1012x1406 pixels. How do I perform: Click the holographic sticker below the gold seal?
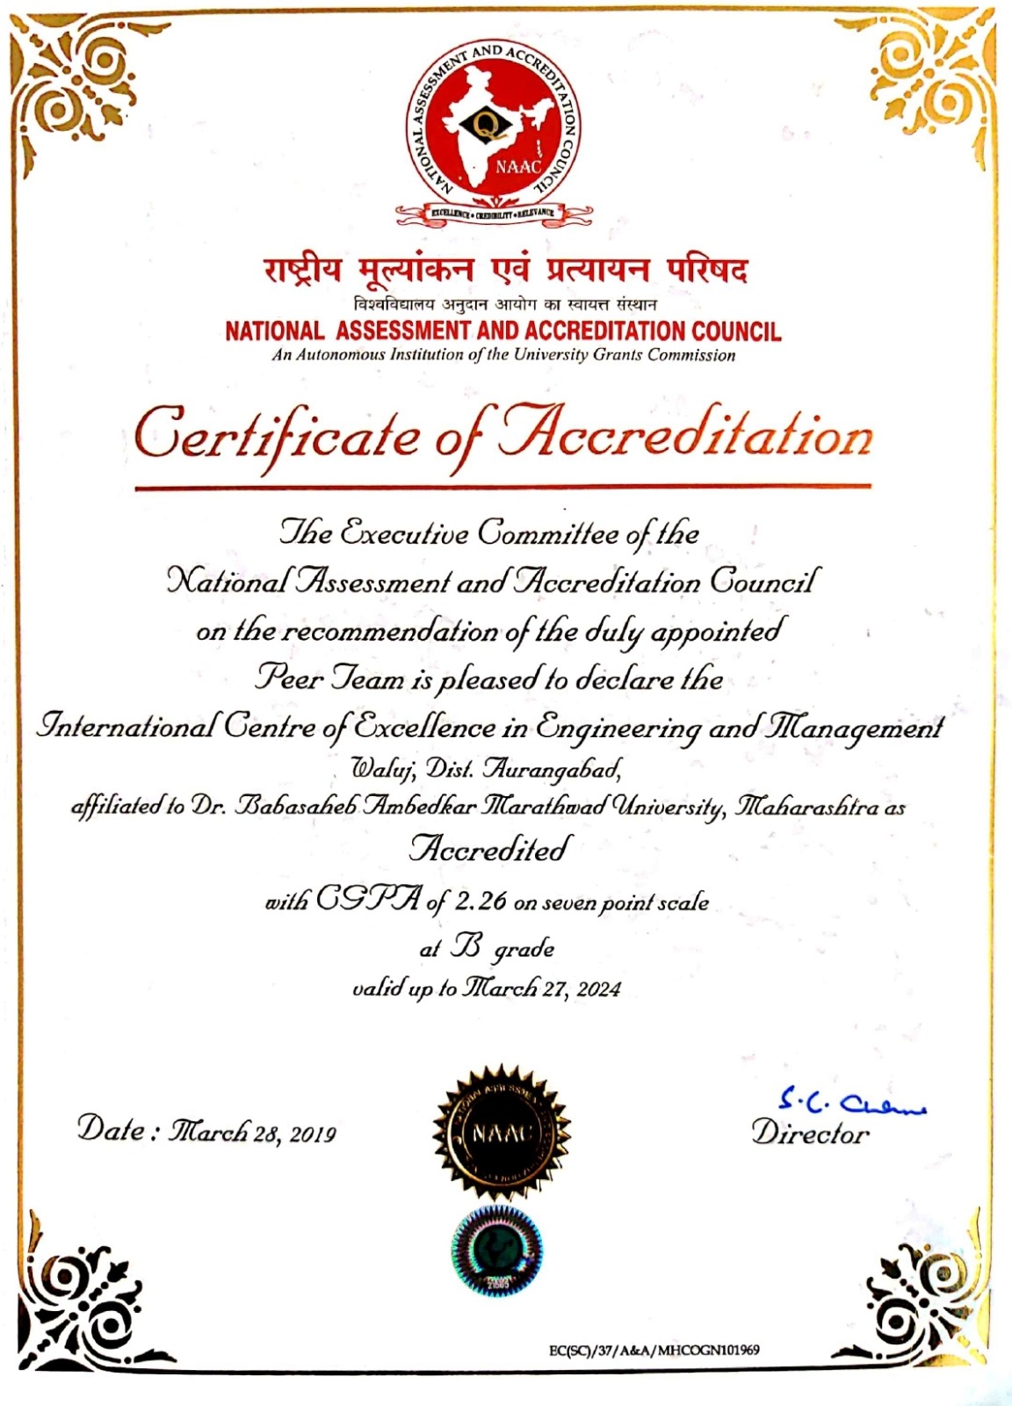point(496,1250)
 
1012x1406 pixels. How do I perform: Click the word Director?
point(810,1134)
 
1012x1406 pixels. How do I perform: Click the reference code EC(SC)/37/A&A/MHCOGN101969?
point(654,1350)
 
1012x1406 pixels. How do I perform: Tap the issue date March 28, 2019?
point(255,1133)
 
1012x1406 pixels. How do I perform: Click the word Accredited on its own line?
point(490,850)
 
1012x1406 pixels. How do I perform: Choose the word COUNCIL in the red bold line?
point(736,331)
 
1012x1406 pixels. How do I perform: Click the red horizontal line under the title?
point(502,486)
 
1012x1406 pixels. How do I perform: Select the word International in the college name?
point(126,727)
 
